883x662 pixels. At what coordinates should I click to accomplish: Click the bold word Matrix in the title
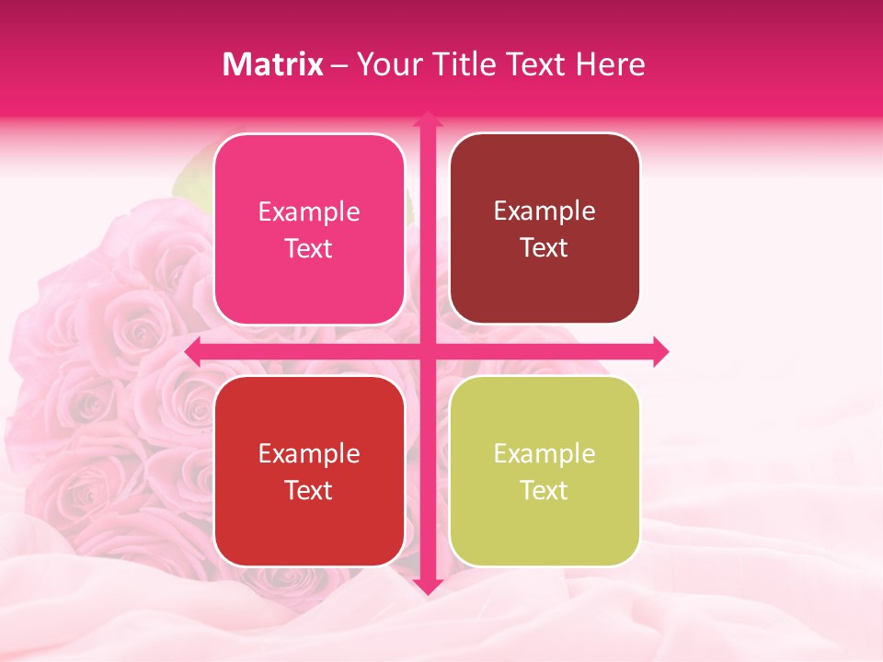273,64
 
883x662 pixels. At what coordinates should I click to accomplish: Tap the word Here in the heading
610,64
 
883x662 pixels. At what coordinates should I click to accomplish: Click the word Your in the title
384,64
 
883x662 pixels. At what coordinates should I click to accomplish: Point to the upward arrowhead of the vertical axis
427,120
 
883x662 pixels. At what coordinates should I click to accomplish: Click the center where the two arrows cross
427,351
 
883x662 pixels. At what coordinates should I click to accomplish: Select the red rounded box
309,524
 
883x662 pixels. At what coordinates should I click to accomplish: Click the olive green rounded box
545,524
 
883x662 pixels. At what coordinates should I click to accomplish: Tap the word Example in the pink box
309,212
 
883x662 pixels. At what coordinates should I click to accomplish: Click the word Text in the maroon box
545,248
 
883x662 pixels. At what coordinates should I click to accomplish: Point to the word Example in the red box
309,454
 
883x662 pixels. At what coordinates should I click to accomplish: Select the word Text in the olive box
545,491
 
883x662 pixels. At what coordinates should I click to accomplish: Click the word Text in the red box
309,491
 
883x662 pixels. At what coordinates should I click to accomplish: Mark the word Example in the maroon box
545,211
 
